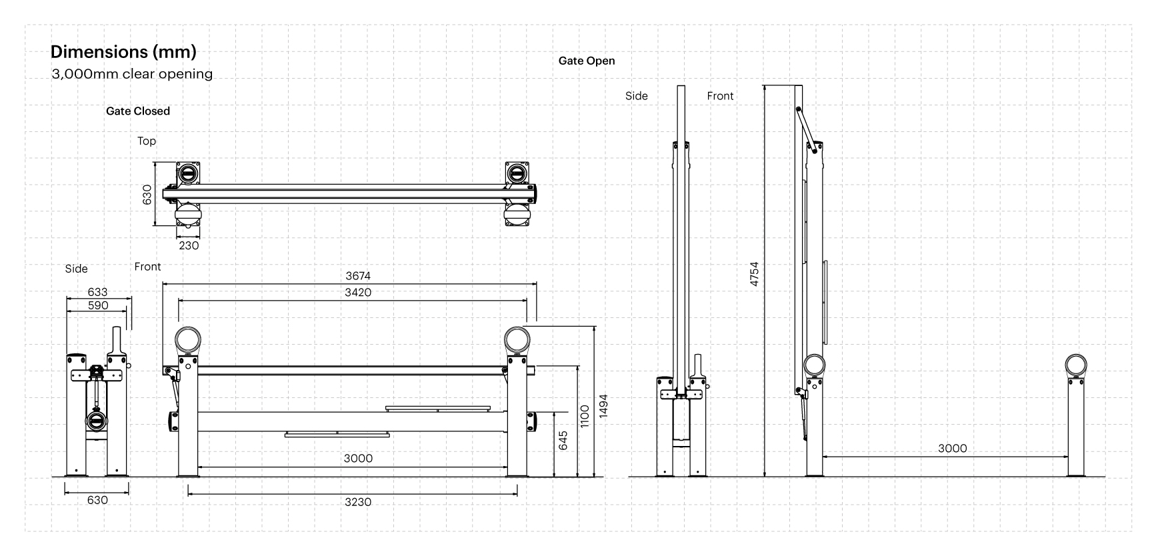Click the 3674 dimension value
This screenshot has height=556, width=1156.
tap(358, 276)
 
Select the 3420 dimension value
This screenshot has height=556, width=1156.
tap(358, 293)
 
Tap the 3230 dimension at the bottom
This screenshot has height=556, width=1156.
tap(358, 502)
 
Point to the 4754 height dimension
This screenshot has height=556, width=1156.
tap(754, 274)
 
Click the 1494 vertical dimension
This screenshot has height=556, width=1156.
tap(603, 406)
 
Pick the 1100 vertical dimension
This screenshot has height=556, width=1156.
tap(585, 417)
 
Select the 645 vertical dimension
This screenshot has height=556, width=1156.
tap(563, 440)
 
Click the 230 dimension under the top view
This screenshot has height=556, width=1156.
tap(189, 245)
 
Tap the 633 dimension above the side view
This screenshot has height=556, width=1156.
tap(97, 292)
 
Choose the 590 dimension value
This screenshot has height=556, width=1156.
tap(97, 305)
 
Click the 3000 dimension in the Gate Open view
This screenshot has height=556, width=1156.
tap(952, 449)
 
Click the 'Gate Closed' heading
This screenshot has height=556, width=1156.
tap(138, 111)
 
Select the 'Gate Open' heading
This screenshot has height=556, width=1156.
tap(587, 61)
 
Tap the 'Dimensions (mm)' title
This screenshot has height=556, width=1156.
tap(123, 51)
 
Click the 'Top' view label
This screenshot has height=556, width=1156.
tap(147, 141)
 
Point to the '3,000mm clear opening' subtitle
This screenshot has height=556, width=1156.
tap(132, 74)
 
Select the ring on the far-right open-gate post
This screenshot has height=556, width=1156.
tap(1075, 365)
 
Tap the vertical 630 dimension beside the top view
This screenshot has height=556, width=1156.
tap(147, 195)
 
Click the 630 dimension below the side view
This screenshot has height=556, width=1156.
tap(97, 500)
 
